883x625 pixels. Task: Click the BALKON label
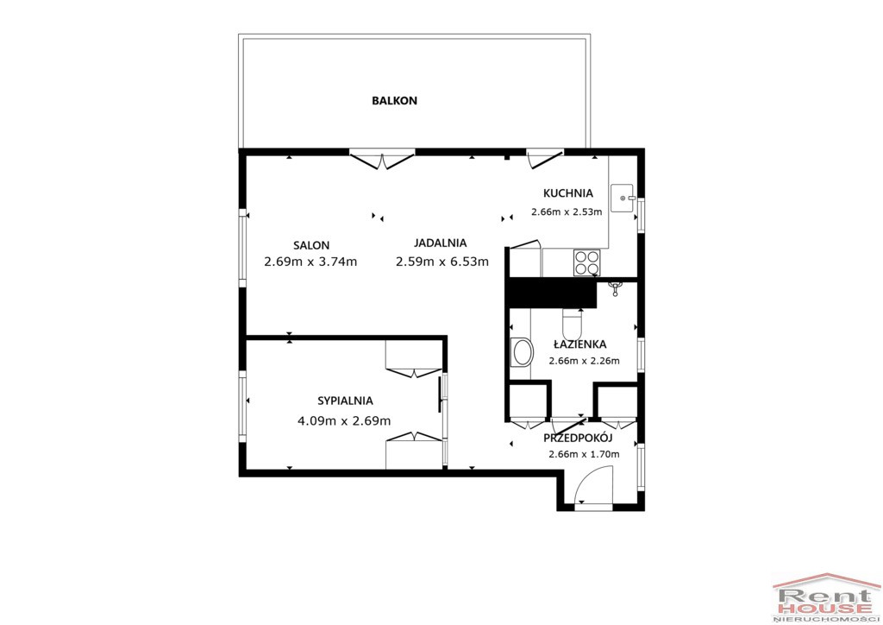point(394,101)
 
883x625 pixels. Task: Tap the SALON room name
point(311,246)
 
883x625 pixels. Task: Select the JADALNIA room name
point(441,243)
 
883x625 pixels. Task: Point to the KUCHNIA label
point(568,193)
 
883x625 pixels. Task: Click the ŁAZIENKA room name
point(579,344)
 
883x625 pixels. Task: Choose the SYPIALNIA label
point(345,401)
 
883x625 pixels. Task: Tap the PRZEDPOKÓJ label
point(578,438)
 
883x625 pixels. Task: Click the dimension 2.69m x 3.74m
point(310,262)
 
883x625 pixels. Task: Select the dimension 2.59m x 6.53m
point(442,262)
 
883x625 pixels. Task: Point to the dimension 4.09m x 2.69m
point(344,421)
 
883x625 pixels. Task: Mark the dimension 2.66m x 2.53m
point(567,212)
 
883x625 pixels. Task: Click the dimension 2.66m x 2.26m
point(584,361)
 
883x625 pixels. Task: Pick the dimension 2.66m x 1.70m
point(584,455)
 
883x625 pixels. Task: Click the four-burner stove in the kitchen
point(586,262)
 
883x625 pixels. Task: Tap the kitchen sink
point(623,199)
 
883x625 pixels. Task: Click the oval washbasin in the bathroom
point(522,353)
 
